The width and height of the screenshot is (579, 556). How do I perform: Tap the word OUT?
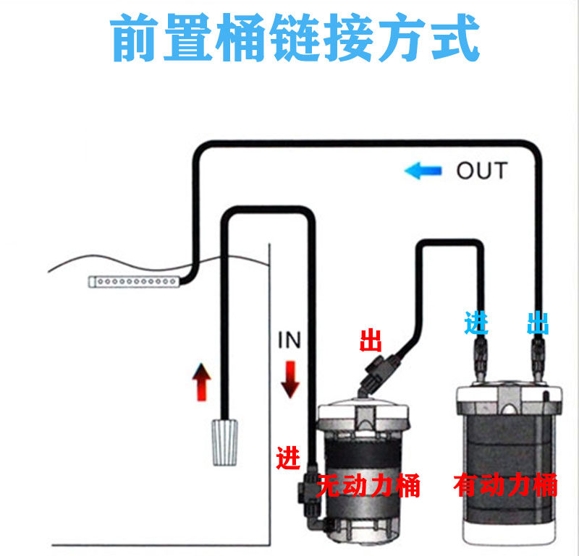tap(481, 171)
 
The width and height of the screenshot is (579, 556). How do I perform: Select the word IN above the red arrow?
tap(289, 340)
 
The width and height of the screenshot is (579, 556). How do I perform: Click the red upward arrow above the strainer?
tap(200, 383)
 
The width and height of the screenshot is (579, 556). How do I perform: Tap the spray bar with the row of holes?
tap(133, 281)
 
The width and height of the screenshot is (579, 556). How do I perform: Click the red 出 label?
tap(372, 340)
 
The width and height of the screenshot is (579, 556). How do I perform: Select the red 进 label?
tap(288, 458)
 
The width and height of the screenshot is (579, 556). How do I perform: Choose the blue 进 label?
tap(476, 322)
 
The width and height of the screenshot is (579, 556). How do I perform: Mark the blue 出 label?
tap(538, 323)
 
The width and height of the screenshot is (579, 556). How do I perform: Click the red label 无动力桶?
tap(368, 486)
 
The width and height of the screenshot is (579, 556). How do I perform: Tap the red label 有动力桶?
tap(505, 485)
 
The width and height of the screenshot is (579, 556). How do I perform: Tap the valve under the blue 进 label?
tap(479, 358)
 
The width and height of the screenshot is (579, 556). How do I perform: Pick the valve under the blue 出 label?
tap(538, 358)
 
